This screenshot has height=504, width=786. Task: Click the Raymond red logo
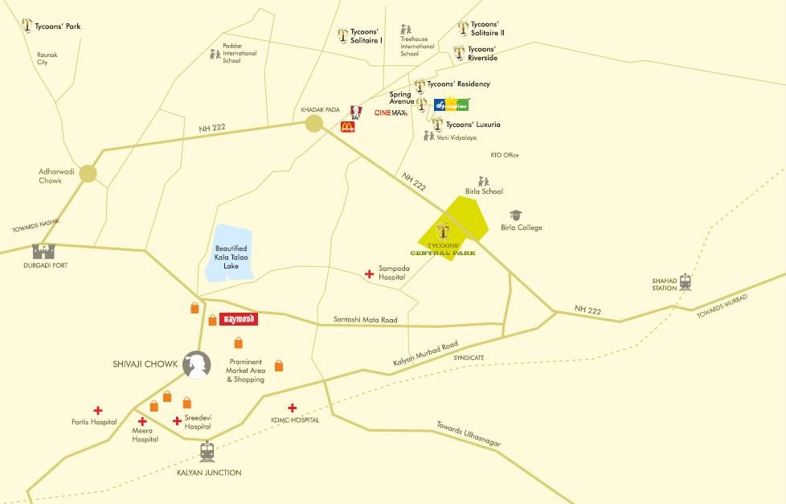click(x=238, y=319)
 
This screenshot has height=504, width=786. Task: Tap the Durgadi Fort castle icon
click(x=43, y=252)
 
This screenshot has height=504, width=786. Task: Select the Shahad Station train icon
click(x=685, y=282)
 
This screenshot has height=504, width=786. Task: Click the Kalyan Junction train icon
click(x=207, y=452)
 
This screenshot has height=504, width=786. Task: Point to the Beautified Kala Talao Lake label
click(x=231, y=257)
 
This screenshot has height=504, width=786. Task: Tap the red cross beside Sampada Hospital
click(x=369, y=274)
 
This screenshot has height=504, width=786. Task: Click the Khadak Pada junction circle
click(x=313, y=123)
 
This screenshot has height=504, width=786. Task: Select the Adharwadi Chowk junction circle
click(x=88, y=173)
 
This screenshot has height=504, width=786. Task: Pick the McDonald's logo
click(x=348, y=127)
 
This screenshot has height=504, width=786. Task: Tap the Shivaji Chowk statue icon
click(x=195, y=365)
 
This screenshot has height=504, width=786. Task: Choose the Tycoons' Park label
click(x=57, y=27)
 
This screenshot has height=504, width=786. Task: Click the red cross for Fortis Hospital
click(x=98, y=410)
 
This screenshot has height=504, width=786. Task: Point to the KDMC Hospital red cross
click(x=293, y=408)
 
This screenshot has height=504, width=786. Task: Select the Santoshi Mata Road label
click(x=365, y=320)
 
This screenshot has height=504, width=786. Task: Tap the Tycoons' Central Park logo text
click(x=448, y=248)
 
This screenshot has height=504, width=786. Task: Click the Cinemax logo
click(x=391, y=113)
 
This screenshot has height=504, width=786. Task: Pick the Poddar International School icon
click(x=215, y=55)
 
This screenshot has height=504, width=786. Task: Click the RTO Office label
click(x=505, y=155)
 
